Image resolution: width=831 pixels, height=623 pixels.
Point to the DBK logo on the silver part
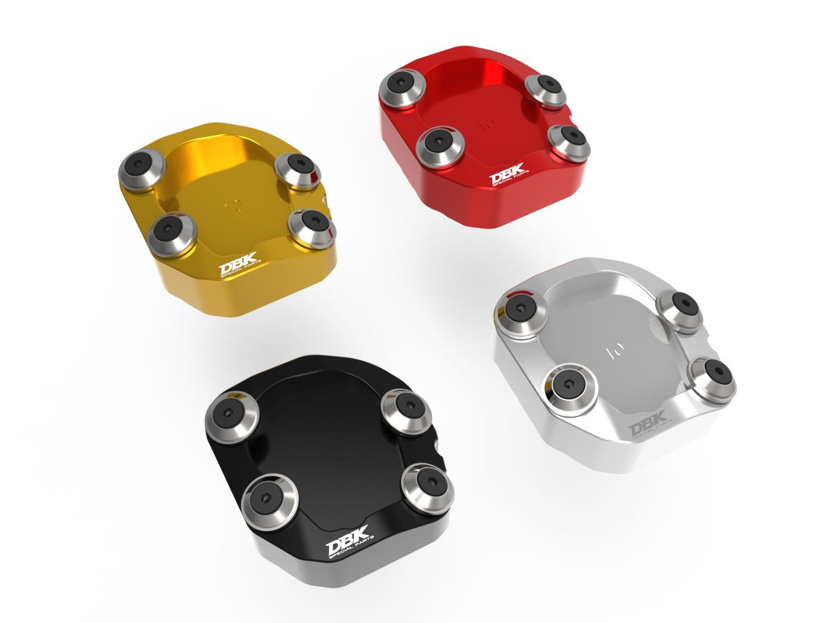coord(647,424)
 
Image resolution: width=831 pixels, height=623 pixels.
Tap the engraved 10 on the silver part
coord(614,350)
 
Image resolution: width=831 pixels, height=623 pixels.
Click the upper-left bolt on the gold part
coord(141,167)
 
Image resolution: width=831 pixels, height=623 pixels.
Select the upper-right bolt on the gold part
coord(298,168)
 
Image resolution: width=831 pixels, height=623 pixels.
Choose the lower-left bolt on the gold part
coord(171,234)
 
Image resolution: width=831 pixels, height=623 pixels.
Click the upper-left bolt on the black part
coord(231,416)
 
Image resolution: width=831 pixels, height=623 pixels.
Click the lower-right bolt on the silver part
coord(713,379)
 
